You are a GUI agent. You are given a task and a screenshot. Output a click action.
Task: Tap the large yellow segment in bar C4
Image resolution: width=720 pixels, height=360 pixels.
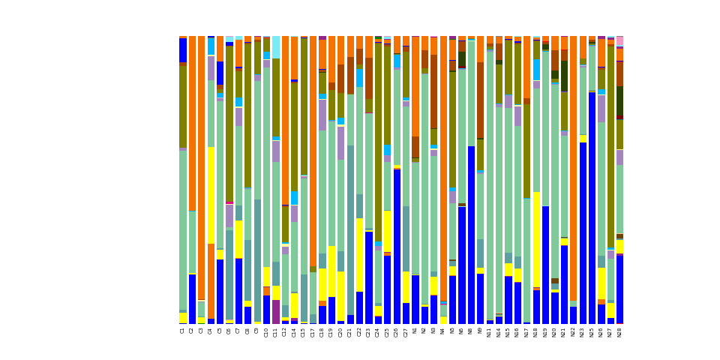click(x=211, y=195)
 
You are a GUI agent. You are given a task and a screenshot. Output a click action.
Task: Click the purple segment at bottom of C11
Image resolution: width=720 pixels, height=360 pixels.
click(x=276, y=312)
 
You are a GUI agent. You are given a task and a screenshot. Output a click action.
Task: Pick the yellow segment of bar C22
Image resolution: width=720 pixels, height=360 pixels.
click(x=359, y=255)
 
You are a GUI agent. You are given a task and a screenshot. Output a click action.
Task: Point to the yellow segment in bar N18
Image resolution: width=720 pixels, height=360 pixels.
click(x=536, y=239)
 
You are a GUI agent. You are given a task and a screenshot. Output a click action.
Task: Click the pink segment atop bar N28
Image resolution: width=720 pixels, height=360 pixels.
click(x=619, y=40)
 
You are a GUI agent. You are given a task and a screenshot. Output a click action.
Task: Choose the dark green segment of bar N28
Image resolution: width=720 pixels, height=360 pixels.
click(x=619, y=100)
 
